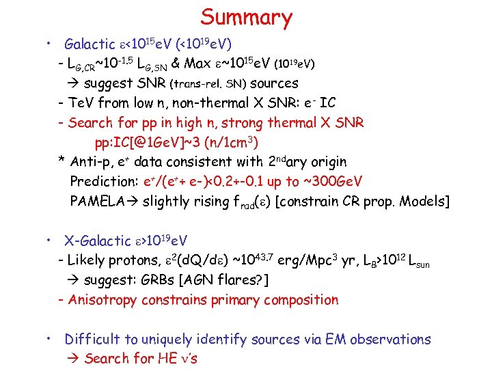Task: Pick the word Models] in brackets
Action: click(x=426, y=202)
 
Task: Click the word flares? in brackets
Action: click(x=244, y=280)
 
